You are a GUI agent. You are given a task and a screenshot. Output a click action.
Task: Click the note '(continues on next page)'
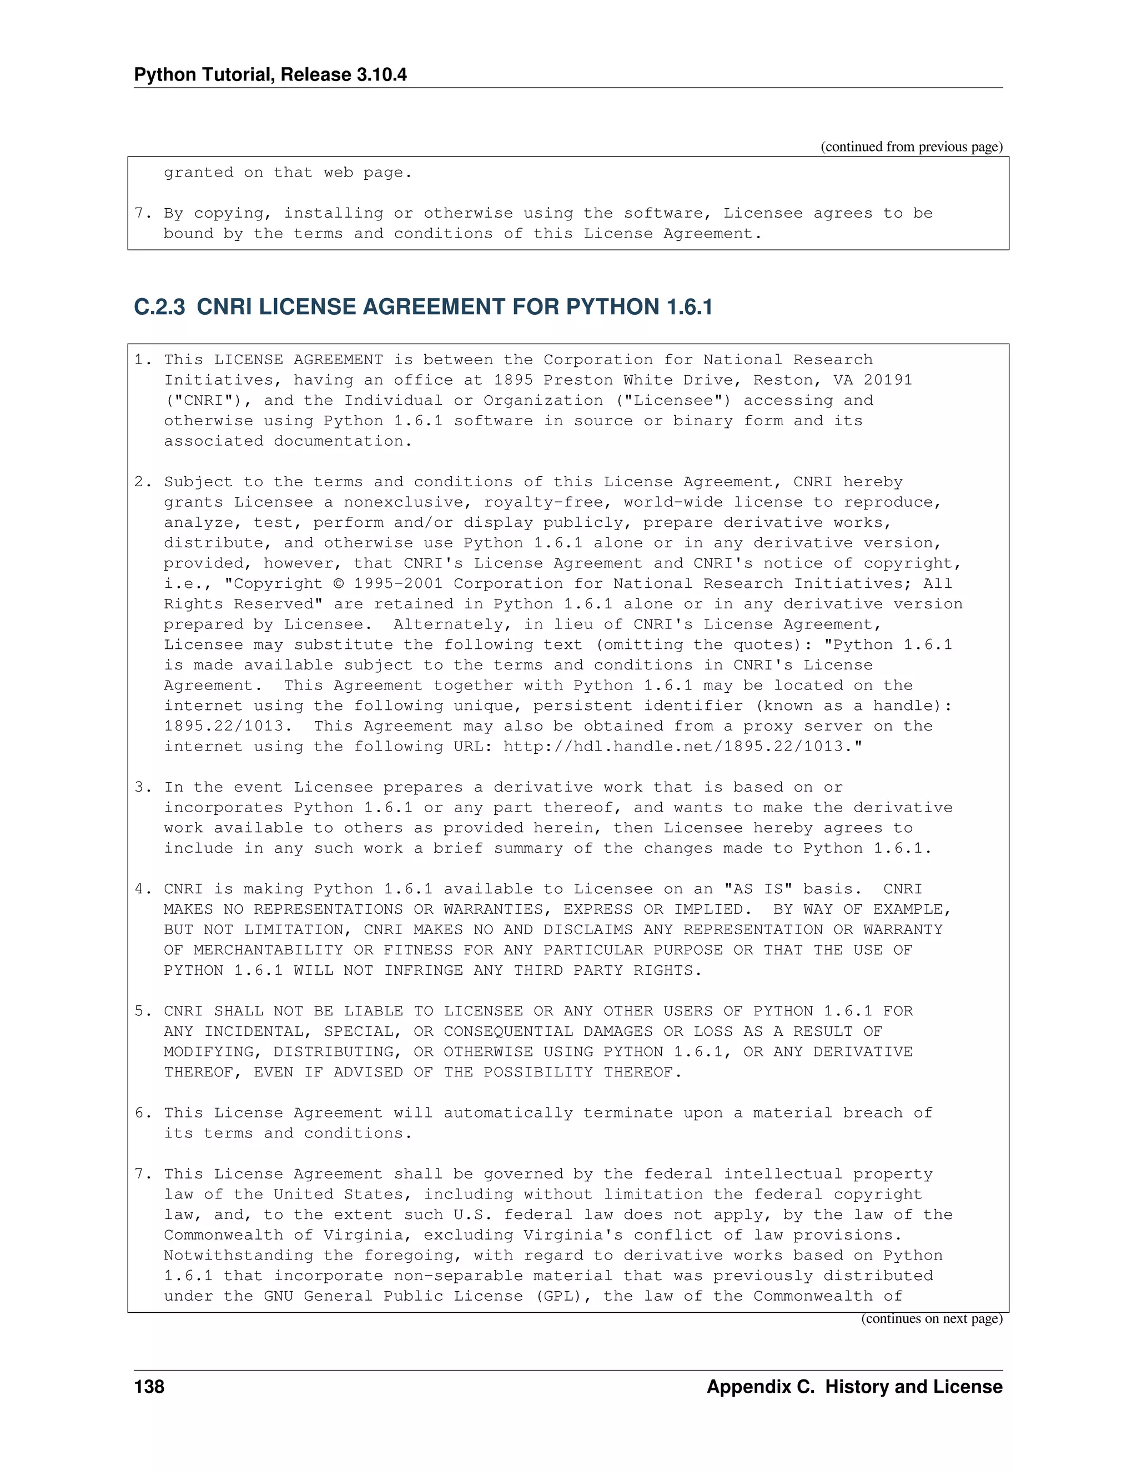click(x=932, y=1319)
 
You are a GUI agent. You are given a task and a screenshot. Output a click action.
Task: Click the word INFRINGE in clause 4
click(x=424, y=970)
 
